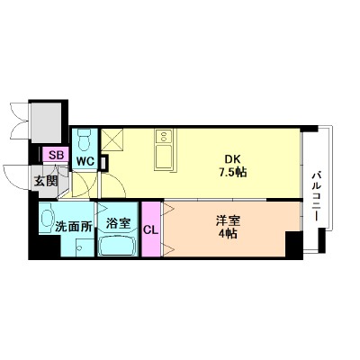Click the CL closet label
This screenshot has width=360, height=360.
pyautogui.click(x=150, y=229)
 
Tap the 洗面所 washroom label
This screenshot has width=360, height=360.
pyautogui.click(x=58, y=227)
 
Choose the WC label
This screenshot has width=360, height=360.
pyautogui.click(x=85, y=162)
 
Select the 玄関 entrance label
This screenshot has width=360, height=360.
pyautogui.click(x=46, y=180)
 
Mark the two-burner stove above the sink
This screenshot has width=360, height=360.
pyautogui.click(x=166, y=136)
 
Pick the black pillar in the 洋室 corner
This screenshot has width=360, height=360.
pyautogui.click(x=292, y=244)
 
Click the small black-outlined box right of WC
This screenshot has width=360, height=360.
pyautogui.click(x=103, y=163)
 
